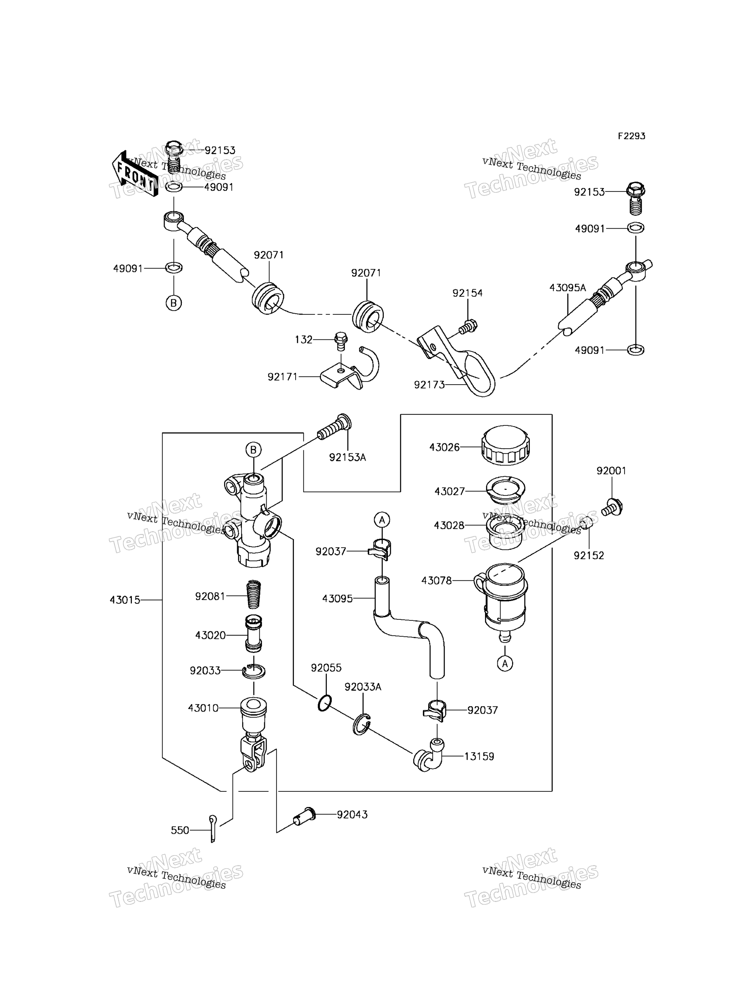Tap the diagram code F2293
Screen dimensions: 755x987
coord(631,136)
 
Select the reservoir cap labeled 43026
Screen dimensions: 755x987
coord(506,445)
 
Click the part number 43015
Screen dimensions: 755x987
coord(125,600)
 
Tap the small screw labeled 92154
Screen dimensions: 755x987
coord(468,327)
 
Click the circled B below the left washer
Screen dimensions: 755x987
coord(174,303)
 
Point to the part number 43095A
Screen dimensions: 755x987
coord(568,288)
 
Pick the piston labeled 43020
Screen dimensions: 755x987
coord(254,633)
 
